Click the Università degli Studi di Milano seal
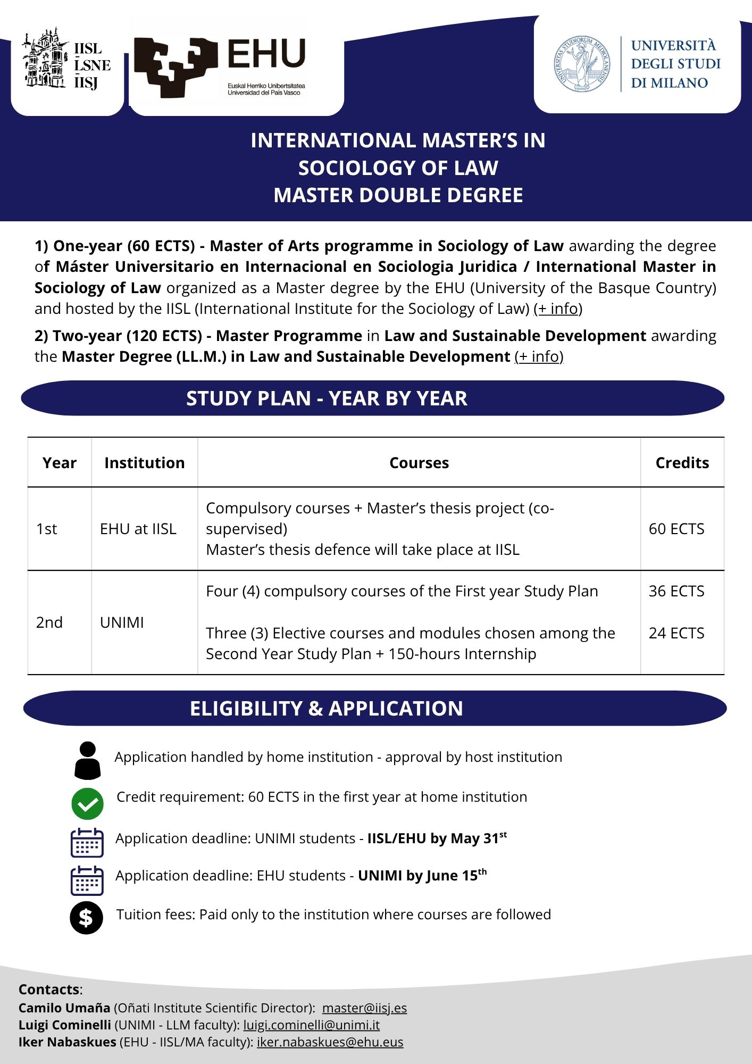coord(582,64)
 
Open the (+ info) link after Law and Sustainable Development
coord(539,356)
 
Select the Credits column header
coord(682,463)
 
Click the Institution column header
coord(144,463)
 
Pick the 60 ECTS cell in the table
coord(676,529)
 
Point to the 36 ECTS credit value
coord(676,591)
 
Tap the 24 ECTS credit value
coord(676,633)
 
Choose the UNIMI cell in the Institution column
coord(122,622)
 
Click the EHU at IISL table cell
coord(138,529)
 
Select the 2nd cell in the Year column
coord(49,622)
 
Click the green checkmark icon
coord(87,803)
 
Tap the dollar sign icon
coord(86,918)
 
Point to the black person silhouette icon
coord(88,761)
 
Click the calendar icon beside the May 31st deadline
coord(87,842)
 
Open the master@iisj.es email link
coord(364,1008)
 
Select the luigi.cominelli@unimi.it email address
coord(311,1025)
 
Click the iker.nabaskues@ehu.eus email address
coord(330,1042)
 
